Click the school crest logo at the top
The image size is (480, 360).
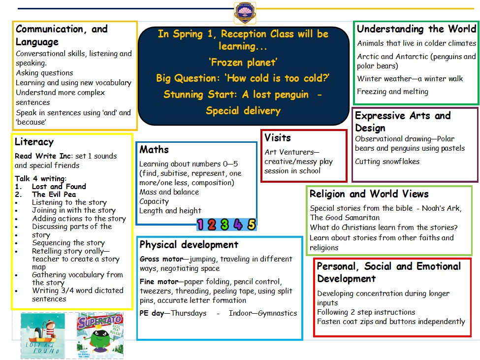pyautogui.click(x=245, y=12)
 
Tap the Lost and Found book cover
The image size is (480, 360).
pyautogui.click(x=43, y=335)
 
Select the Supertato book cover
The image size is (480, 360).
pyautogui.click(x=100, y=335)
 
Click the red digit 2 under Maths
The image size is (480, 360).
pyautogui.click(x=212, y=225)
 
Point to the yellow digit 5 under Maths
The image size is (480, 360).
pyautogui.click(x=251, y=225)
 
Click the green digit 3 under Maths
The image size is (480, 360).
pyautogui.click(x=225, y=225)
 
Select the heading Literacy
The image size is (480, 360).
pyautogui.click(x=34, y=142)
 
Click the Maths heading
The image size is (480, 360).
pyautogui.click(x=154, y=150)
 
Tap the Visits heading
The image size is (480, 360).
pyautogui.click(x=278, y=137)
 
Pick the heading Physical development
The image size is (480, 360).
pyautogui.click(x=189, y=245)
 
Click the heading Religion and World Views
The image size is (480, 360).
pyautogui.click(x=369, y=194)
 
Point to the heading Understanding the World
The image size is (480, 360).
pyautogui.click(x=416, y=29)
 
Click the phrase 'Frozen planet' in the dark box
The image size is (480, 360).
pyautogui.click(x=243, y=63)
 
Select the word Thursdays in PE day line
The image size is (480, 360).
pyautogui.click(x=189, y=313)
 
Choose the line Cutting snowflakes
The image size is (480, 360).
pyautogui.click(x=387, y=161)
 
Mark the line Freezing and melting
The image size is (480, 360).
pyautogui.click(x=392, y=92)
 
